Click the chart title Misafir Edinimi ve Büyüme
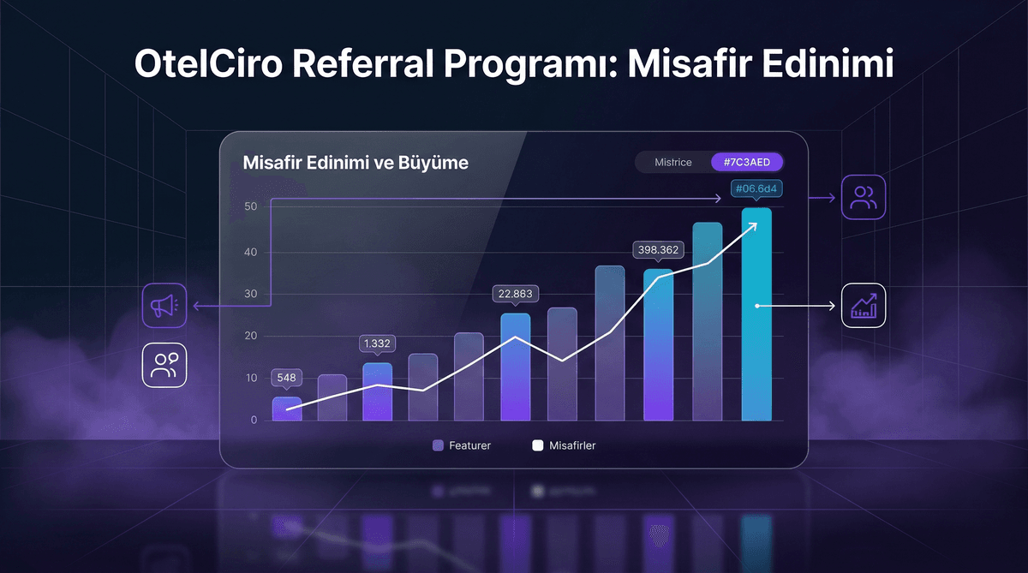356,162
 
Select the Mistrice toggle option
672,162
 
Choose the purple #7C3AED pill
747,162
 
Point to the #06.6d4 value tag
756,188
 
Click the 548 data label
287,377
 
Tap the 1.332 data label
378,343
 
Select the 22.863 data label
515,294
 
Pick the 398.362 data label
657,250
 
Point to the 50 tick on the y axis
251,207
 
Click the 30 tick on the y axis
251,294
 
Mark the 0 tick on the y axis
254,420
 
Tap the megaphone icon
164,306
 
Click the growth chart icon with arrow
864,306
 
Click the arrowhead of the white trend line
754,224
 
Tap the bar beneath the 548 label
287,409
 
